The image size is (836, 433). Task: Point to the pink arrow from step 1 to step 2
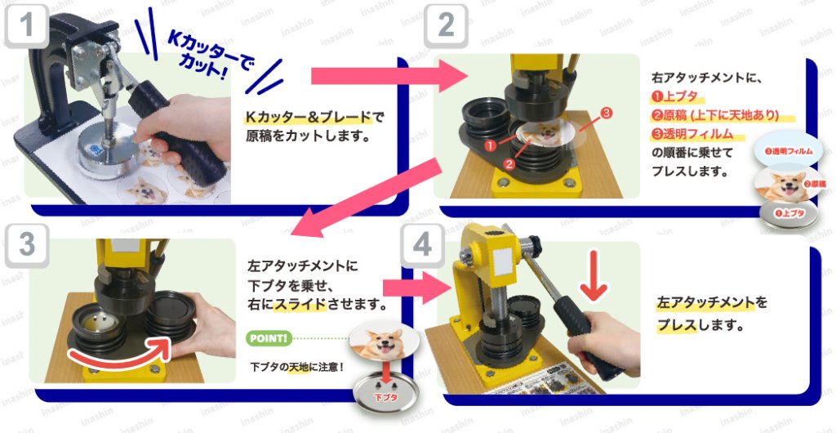(384, 76)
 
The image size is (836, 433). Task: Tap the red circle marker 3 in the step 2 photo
(605, 112)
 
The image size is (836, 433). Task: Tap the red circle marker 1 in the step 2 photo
(489, 145)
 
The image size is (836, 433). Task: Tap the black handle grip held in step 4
(585, 331)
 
